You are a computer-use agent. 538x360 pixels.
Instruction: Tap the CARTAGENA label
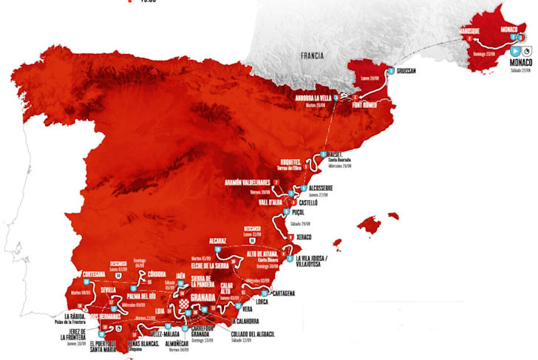(279, 293)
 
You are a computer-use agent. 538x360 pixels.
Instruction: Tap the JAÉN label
(180, 275)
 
